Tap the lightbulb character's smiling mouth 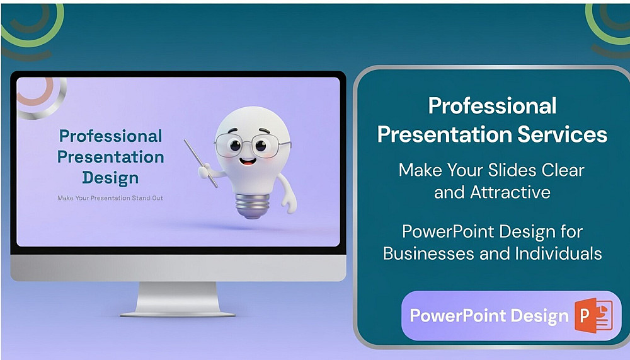[248, 161]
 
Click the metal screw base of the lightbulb [253, 206]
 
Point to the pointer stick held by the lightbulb [201, 163]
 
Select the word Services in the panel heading [563, 134]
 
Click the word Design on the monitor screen [110, 178]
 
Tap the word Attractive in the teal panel [510, 192]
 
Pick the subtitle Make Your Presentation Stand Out [110, 198]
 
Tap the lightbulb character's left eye [236, 145]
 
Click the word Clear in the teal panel [563, 170]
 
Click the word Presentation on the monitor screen [110, 157]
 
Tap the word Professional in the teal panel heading [493, 106]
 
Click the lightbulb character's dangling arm [288, 193]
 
